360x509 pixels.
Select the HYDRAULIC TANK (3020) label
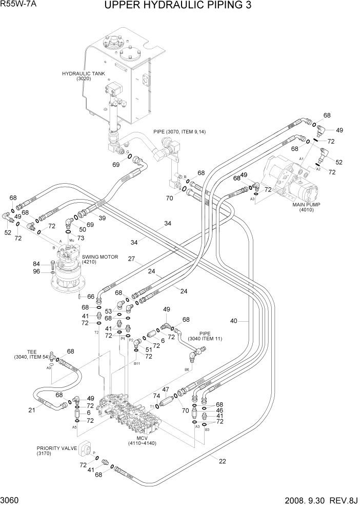point(84,76)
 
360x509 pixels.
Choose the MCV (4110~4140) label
point(135,440)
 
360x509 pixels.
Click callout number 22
point(222,461)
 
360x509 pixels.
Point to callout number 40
point(234,321)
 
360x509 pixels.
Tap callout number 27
point(131,259)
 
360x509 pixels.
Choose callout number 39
point(102,219)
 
